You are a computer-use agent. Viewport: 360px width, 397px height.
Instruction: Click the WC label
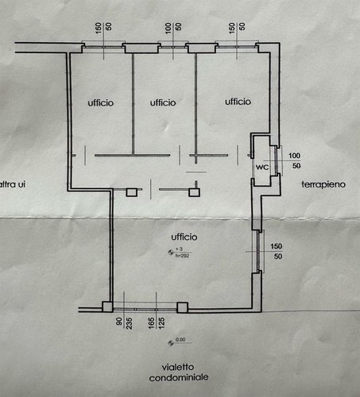click(261, 168)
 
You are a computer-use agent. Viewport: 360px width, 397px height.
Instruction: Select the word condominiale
click(173, 379)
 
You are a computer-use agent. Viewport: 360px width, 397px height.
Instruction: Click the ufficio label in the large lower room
click(183, 237)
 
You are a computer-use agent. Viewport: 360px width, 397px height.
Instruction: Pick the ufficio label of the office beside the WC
click(238, 102)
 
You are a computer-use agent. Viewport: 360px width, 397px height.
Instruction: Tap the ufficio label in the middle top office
click(162, 102)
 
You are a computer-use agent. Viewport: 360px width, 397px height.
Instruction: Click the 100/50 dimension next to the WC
click(294, 160)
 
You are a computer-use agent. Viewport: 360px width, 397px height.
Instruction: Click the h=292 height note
click(181, 256)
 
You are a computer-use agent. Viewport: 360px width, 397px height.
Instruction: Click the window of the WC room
click(275, 160)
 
